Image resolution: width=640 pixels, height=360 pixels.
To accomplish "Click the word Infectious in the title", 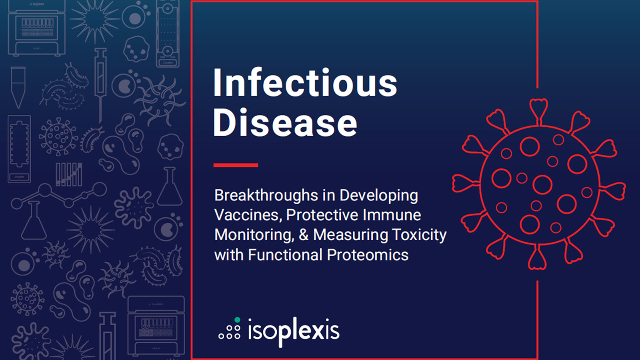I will (x=305, y=83).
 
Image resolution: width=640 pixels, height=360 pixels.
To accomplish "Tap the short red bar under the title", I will (x=236, y=165).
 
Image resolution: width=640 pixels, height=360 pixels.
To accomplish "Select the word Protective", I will (x=322, y=215).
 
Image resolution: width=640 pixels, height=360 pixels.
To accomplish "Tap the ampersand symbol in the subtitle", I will (x=304, y=235).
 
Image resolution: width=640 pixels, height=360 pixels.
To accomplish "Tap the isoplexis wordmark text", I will (x=294, y=331).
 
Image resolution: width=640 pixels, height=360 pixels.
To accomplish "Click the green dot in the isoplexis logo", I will (x=237, y=320).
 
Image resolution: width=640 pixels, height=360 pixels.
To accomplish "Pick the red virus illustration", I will (x=539, y=184).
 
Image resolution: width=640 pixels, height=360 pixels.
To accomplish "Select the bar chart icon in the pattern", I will (x=69, y=174).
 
